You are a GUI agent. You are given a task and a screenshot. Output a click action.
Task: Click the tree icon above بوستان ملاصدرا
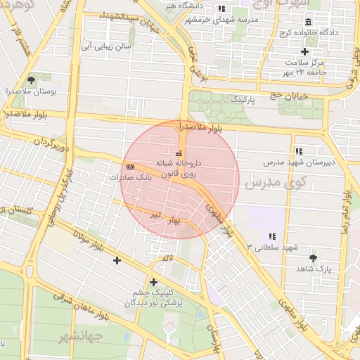click(x=30, y=80)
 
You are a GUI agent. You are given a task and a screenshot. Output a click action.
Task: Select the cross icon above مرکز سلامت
click(x=304, y=51)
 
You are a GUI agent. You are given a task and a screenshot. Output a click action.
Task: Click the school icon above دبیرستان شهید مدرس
click(x=299, y=150)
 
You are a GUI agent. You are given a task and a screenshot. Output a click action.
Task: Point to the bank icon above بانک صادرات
click(x=131, y=167)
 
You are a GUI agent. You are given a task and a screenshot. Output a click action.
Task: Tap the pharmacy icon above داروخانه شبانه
click(x=179, y=153)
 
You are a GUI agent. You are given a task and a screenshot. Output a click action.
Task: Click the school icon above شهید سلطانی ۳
click(x=272, y=236)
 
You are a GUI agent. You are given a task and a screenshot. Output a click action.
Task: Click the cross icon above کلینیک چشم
click(x=153, y=282)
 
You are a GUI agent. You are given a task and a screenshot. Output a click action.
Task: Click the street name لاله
click(x=167, y=258)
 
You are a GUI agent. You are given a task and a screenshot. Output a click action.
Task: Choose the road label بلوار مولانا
click(x=79, y=242)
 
